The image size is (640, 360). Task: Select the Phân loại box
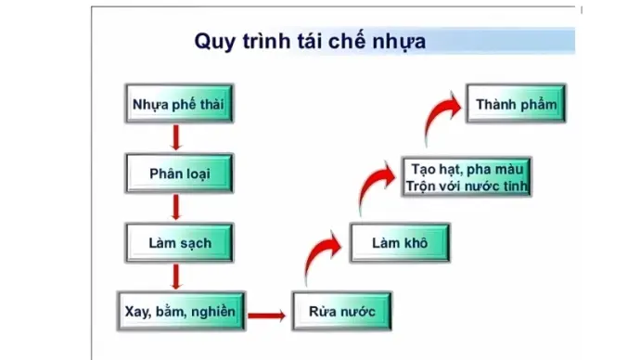point(174,174)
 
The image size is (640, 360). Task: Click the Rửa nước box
point(335,312)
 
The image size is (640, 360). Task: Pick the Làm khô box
point(398,243)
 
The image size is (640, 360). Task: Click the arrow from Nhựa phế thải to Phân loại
point(174,138)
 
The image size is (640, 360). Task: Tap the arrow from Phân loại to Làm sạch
point(174,208)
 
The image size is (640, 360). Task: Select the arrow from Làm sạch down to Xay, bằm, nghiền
point(174,276)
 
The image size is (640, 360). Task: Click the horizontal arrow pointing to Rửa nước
point(267,315)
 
